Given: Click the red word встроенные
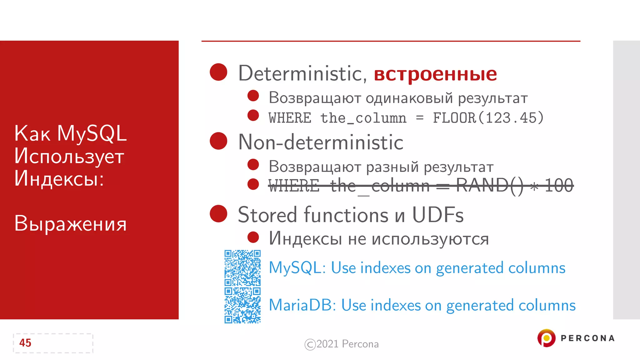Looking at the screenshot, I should (x=435, y=74).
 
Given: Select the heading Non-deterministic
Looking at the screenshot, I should (x=321, y=142).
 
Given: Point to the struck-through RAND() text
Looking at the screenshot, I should (x=489, y=186).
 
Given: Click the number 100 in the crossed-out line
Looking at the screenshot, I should (x=559, y=186).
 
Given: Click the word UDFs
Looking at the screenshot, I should (x=438, y=215).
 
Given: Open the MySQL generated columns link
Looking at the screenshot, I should (x=417, y=268).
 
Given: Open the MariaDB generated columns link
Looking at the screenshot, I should (x=422, y=305).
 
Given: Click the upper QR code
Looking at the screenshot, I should (x=242, y=268).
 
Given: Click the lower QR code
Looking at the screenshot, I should (x=242, y=305).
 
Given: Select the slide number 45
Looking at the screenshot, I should (x=25, y=343).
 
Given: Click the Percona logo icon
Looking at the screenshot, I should (x=546, y=338).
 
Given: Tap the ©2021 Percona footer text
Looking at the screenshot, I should (x=342, y=344).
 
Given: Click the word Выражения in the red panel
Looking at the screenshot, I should (x=70, y=224).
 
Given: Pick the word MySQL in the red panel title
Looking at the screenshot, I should (x=92, y=134).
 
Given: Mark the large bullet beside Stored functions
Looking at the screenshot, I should (x=218, y=214).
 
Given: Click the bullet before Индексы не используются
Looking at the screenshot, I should (x=253, y=237).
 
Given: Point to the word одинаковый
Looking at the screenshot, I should (x=409, y=98).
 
